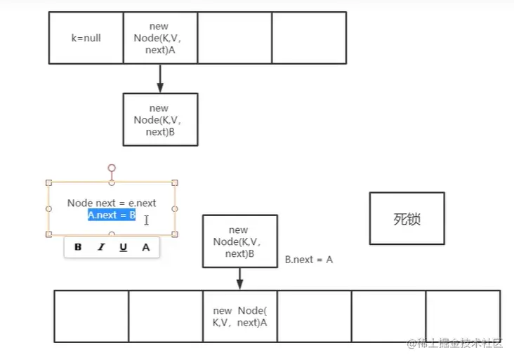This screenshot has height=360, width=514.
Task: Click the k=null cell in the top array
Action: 86,38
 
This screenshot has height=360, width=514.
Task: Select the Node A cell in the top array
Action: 160,38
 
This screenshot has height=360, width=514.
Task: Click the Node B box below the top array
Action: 160,119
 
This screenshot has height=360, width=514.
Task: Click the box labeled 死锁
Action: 407,218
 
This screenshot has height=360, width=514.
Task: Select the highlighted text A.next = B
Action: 112,215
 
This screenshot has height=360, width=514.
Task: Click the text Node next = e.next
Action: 112,203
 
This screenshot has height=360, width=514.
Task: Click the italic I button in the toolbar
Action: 100,247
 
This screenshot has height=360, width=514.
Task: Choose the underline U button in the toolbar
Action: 123,247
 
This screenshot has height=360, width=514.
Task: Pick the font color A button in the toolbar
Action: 146,247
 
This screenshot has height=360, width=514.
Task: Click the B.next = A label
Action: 309,260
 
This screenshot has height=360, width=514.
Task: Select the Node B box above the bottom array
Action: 239,241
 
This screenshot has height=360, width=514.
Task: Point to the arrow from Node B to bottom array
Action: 239,279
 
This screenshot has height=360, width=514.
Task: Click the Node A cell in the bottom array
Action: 239,316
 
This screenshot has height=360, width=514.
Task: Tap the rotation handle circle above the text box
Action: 112,168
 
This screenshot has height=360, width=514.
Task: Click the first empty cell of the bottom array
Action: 91,316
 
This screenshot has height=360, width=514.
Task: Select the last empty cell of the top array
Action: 309,38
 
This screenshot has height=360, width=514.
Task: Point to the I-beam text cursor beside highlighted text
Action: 146,220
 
